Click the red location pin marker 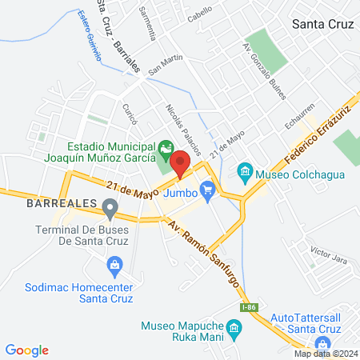coord(180,163)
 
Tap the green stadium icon coord(166,147)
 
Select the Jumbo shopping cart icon coord(208,190)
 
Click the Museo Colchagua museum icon coord(245,171)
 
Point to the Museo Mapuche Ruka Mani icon coord(234,328)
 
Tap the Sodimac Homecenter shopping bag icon coord(114,264)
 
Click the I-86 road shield coord(250,307)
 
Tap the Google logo coord(27,350)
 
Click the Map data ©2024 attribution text coord(326,354)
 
